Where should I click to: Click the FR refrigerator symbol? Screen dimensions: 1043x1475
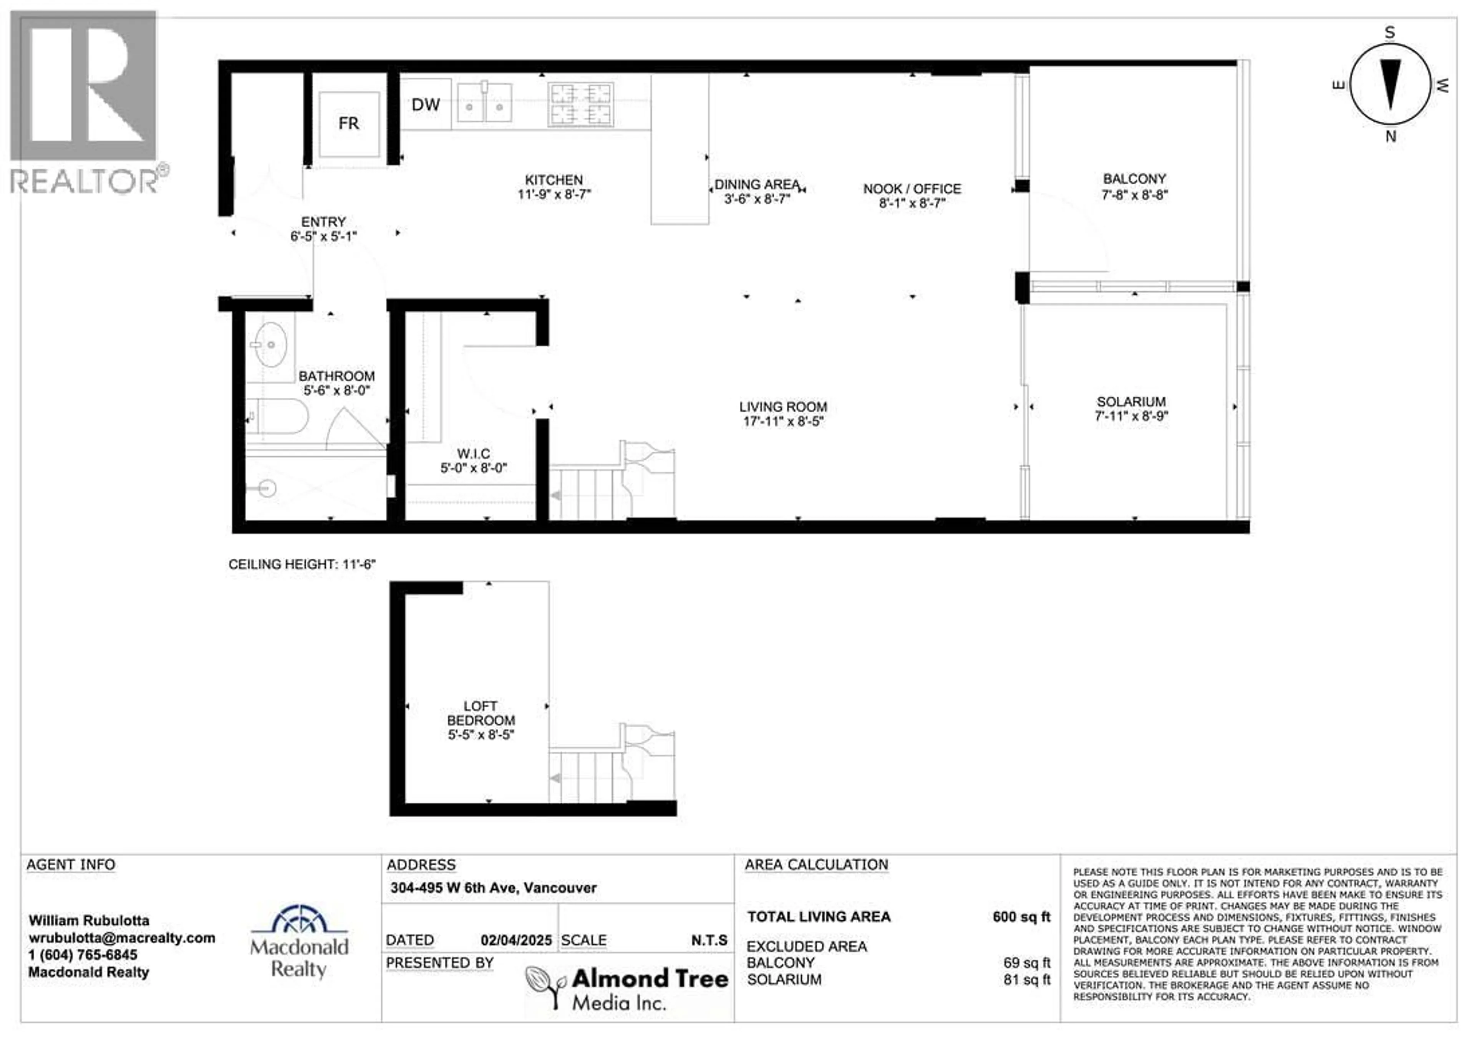[x=349, y=123]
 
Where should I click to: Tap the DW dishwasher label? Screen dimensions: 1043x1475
[x=425, y=105]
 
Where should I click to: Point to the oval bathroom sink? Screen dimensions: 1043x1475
[x=270, y=345]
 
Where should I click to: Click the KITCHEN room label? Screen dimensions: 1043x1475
[x=554, y=180]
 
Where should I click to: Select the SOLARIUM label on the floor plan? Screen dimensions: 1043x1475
[x=1131, y=402]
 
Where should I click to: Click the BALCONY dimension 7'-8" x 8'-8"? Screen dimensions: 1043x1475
[x=1135, y=195]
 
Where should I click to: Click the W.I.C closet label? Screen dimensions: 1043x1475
[x=474, y=454]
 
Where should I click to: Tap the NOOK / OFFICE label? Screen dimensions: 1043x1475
[x=912, y=189]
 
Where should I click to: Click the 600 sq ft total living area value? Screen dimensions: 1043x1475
[x=1021, y=917]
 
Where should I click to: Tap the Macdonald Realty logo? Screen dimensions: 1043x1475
[x=299, y=942]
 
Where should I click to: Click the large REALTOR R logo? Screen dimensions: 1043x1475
[x=83, y=87]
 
